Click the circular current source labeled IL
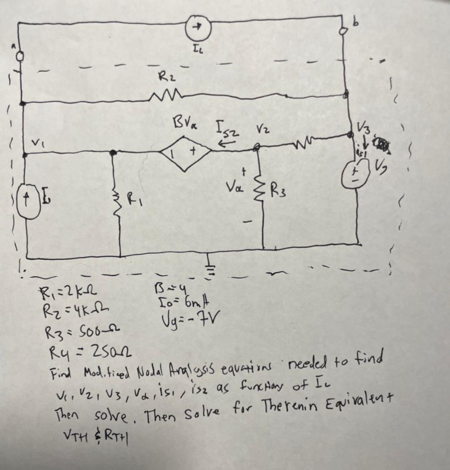click(x=198, y=28)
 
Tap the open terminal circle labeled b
click(x=342, y=31)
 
